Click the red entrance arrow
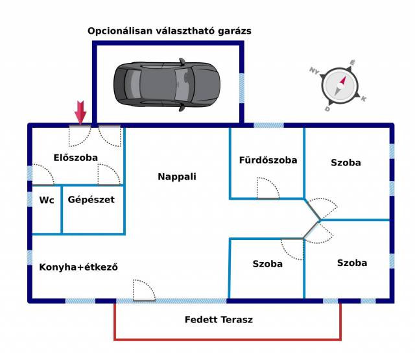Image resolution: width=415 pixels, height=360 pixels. tap(80, 112)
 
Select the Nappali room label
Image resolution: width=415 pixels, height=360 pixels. tap(177, 176)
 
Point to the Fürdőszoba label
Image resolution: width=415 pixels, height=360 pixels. tap(268, 160)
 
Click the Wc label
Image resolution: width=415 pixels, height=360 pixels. tap(46, 200)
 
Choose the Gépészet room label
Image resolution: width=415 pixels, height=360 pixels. tap(91, 200)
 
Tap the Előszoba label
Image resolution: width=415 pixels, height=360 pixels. tap(76, 158)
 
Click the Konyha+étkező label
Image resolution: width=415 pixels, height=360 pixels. tap(78, 267)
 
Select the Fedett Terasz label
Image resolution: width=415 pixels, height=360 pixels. tap(219, 320)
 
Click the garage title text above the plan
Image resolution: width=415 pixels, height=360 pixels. tap(169, 31)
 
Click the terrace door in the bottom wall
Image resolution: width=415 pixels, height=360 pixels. tap(144, 291)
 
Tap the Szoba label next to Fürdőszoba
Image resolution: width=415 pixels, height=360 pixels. tap(346, 163)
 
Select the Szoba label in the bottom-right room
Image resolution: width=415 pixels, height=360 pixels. tap(352, 263)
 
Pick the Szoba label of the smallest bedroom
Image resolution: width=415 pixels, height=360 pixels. tap(268, 264)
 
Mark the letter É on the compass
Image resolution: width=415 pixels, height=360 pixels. tap(353, 63)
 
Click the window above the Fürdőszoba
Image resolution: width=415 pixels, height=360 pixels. tap(268, 125)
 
